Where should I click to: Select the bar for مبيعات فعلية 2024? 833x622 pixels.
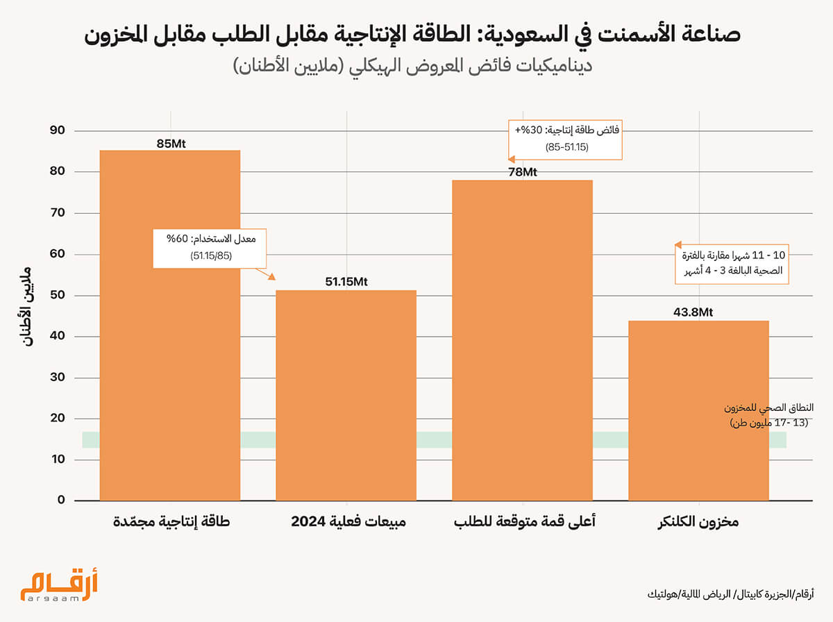pyautogui.click(x=346, y=395)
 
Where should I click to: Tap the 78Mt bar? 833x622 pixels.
pyautogui.click(x=522, y=340)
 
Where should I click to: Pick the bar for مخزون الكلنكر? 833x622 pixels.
pyautogui.click(x=698, y=410)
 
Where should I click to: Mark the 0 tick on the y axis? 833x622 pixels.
pyautogui.click(x=60, y=501)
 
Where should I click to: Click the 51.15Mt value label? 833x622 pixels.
pyautogui.click(x=346, y=282)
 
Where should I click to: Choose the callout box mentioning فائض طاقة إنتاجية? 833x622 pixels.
pyautogui.click(x=565, y=139)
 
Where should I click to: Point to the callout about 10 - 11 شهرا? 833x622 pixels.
pyautogui.click(x=734, y=262)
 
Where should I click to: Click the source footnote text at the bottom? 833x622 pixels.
pyautogui.click(x=730, y=594)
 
